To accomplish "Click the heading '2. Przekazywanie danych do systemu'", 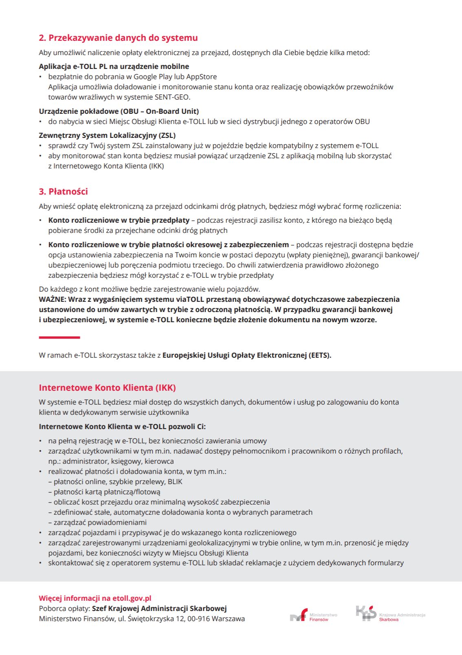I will tap(118, 38).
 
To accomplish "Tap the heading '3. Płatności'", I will tap(63, 192).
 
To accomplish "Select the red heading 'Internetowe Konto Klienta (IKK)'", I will tap(107, 388).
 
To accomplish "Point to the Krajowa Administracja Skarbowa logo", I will tap(390, 614).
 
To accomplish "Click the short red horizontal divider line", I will tap(59, 338).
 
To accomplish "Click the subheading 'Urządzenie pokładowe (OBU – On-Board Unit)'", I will tap(119, 111).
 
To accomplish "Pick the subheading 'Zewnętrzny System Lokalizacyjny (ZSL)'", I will tap(107, 135).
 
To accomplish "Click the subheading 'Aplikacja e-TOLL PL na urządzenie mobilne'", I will tap(114, 66).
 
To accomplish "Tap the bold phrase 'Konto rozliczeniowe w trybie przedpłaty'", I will tap(119, 220).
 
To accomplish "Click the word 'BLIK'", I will tap(175, 482).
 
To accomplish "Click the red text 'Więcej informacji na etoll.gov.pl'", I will tap(95, 598).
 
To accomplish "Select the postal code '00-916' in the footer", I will tap(198, 619).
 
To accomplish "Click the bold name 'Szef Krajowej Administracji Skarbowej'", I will tap(159, 609).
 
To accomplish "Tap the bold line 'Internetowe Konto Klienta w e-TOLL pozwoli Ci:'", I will tap(122, 427).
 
